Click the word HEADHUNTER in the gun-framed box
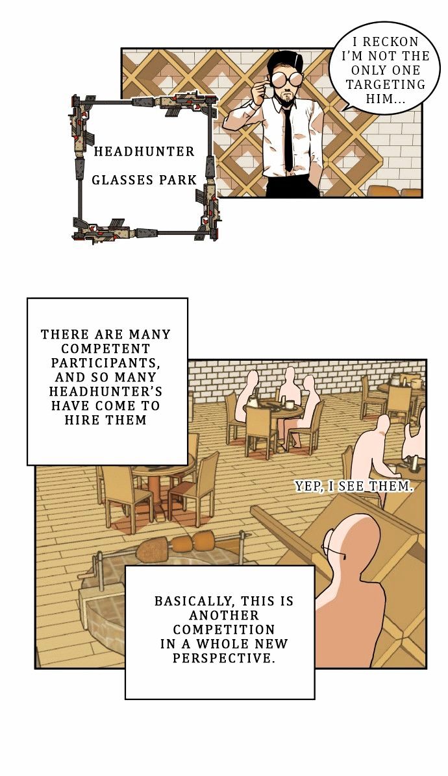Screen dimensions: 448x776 145,151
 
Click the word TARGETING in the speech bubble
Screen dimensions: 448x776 386,84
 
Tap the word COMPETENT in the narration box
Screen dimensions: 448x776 105,348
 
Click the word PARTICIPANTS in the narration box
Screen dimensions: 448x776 106,363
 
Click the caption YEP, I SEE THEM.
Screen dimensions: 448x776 353,487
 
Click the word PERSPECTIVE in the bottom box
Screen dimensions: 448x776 223,658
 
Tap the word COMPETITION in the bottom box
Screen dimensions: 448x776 224,629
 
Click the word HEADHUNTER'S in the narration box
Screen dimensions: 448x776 105,391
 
